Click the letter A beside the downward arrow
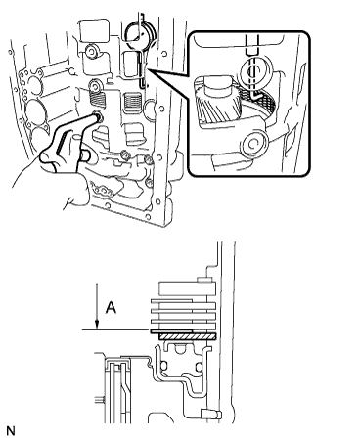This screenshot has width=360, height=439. pyautogui.click(x=112, y=307)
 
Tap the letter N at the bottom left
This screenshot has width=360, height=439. pyautogui.click(x=11, y=431)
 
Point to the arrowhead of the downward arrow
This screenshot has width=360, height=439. pyautogui.click(x=97, y=324)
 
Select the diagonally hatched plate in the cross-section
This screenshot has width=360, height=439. pyautogui.click(x=188, y=336)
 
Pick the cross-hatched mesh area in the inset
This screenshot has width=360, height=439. pyautogui.click(x=264, y=99)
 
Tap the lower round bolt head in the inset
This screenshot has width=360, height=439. pyautogui.click(x=254, y=144)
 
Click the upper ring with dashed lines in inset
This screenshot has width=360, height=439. pyautogui.click(x=253, y=70)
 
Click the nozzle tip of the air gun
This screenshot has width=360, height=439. pyautogui.click(x=97, y=115)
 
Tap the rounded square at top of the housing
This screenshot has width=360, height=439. pyautogui.click(x=94, y=30)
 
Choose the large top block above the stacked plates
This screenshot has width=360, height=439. pyautogui.click(x=187, y=288)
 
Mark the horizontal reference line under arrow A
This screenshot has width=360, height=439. pyautogui.click(x=116, y=329)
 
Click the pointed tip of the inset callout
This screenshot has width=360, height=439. pyautogui.click(x=148, y=68)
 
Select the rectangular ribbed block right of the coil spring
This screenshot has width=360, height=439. pyautogui.click(x=133, y=104)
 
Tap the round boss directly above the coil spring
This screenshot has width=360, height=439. pyautogui.click(x=96, y=87)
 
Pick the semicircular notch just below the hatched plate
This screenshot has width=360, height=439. pyautogui.click(x=179, y=349)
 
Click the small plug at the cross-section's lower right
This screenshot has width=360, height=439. pyautogui.click(x=211, y=415)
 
